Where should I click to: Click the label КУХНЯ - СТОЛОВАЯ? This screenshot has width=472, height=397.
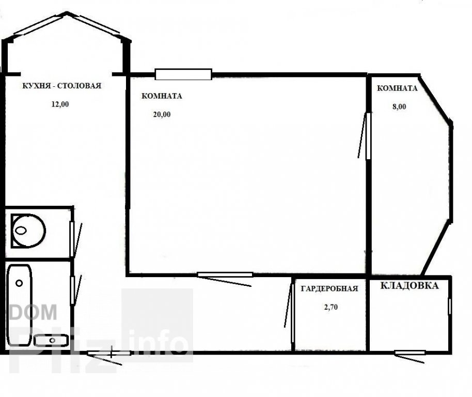pos(61,86)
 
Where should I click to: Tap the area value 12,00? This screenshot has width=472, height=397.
pos(60,104)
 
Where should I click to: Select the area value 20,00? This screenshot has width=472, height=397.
pos(162,114)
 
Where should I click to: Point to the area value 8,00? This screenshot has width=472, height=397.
pos(399,106)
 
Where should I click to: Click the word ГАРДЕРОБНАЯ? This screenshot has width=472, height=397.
pos(329,288)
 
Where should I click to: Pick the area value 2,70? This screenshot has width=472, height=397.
pos(331,307)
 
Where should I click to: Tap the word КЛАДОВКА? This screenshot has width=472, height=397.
pos(410,285)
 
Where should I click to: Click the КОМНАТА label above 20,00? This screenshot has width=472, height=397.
pos(162,96)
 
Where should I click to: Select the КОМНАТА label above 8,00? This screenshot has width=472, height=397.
pos(397,88)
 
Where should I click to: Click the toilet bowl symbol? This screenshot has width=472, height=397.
pos(28,231)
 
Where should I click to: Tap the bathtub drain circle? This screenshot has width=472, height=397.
pos(19,283)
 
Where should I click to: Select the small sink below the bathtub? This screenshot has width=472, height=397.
pos(51,341)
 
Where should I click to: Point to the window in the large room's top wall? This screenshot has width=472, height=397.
pos(183,74)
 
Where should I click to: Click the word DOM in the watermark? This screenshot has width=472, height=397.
pos(33,312)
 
